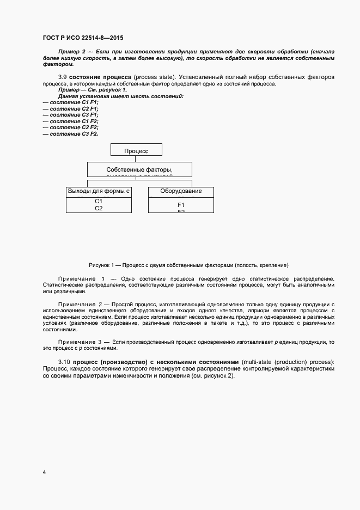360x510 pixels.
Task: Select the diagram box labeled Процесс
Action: pyautogui.click(x=136, y=151)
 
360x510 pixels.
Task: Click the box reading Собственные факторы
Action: pyautogui.click(x=139, y=169)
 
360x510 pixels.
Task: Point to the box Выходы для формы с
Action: pyautogui.click(x=99, y=191)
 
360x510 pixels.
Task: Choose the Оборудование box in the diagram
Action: pyautogui.click(x=181, y=191)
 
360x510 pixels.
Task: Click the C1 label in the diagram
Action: pyautogui.click(x=99, y=201)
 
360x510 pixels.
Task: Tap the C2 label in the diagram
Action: pyautogui.click(x=99, y=208)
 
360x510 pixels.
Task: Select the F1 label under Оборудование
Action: pyautogui.click(x=181, y=204)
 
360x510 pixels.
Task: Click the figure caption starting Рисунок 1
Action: pyautogui.click(x=189, y=265)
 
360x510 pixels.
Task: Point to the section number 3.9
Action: pyautogui.click(x=63, y=77)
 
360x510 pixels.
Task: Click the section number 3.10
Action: pyautogui.click(x=64, y=362)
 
